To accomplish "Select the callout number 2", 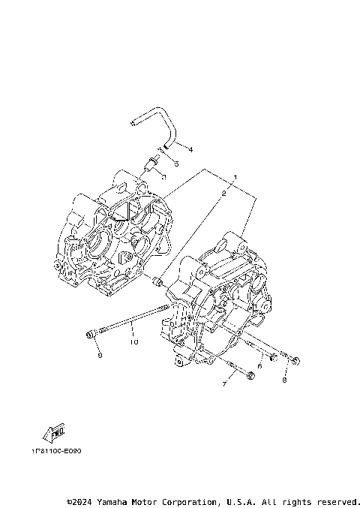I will [223, 194].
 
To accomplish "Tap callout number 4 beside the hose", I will [190, 149].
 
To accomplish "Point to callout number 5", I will [175, 163].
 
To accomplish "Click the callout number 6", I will [259, 365].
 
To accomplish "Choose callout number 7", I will [223, 384].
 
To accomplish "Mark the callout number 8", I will [284, 380].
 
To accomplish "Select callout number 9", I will [98, 356].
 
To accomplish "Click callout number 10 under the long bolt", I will [133, 343].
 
